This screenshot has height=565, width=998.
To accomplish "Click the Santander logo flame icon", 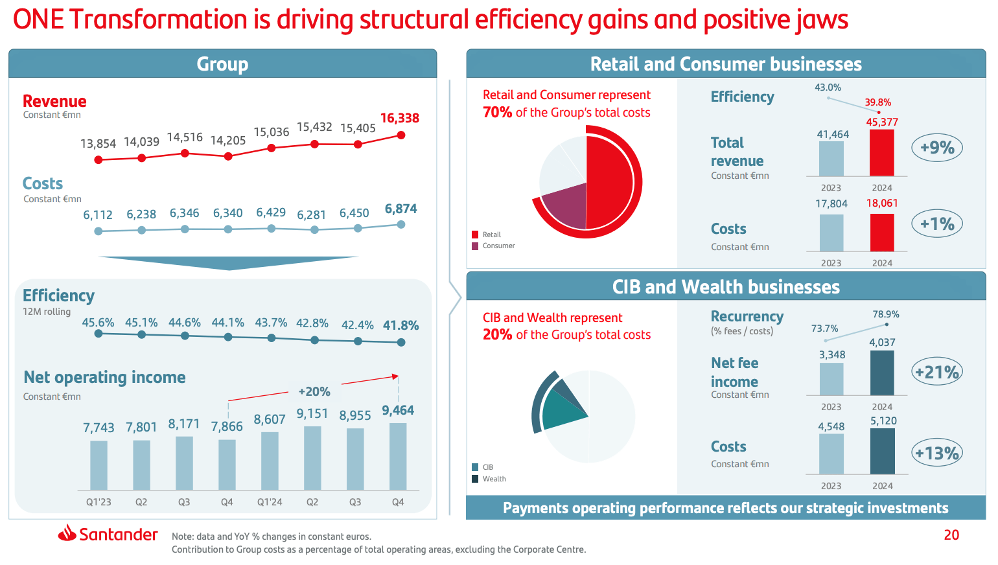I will (x=67, y=533).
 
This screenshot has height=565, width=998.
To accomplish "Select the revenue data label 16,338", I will (x=399, y=118).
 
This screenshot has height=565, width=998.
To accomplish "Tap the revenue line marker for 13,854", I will (x=99, y=159).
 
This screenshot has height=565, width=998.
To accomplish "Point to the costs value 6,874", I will (x=400, y=209).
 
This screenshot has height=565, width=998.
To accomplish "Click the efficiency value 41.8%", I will (x=400, y=325).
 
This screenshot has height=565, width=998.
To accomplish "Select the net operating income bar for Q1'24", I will (x=270, y=461).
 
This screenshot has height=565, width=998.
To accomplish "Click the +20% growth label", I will (x=314, y=391).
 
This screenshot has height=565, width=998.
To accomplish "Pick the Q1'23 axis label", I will (x=99, y=502).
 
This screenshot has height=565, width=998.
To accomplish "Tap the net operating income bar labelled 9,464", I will (x=398, y=456).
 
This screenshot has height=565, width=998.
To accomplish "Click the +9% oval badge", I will (x=936, y=148).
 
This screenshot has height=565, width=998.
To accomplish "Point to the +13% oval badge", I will (x=936, y=453).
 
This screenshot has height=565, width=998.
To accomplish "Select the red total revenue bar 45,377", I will (x=881, y=153).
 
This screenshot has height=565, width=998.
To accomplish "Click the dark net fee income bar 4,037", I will (x=882, y=373).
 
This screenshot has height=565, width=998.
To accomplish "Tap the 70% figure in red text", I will (x=497, y=112).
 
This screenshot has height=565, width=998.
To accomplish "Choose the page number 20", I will (x=951, y=535).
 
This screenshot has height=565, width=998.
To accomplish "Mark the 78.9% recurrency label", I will (x=885, y=314).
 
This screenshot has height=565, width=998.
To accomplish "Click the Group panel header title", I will (x=222, y=64).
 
